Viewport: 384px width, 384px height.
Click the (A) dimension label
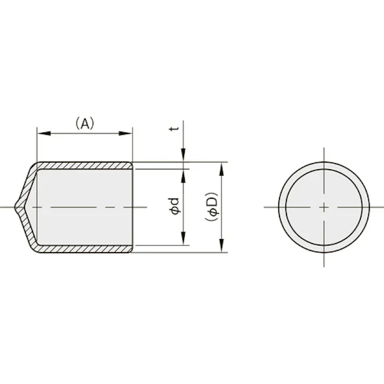[x=84, y=123]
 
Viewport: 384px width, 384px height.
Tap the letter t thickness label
[x=174, y=129]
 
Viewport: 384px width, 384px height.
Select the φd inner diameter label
[x=174, y=207]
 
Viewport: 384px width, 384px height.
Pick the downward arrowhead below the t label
[x=184, y=156]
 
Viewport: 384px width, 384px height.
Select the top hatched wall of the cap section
[x=86, y=165]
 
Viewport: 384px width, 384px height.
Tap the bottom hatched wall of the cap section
[x=86, y=249]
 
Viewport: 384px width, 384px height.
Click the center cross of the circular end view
[x=324, y=207]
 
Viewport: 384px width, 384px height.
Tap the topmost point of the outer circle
[x=324, y=162]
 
